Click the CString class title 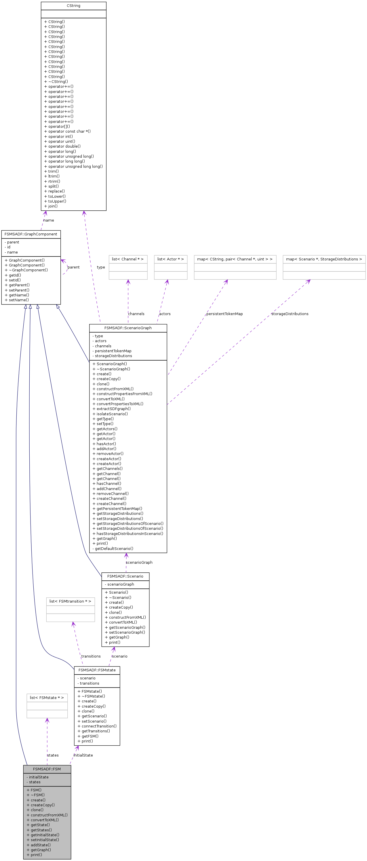[73, 6]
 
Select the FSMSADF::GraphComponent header [31, 234]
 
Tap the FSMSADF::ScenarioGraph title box [128, 328]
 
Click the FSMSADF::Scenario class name [125, 576]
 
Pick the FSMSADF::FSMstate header [97, 670]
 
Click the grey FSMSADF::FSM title [47, 769]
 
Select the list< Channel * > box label [128, 259]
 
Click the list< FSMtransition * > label [70, 601]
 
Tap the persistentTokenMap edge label [224, 314]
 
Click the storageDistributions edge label [290, 314]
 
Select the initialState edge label [83, 755]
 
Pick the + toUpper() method [55, 201]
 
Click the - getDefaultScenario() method [113, 548]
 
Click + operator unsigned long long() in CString [73, 166]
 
